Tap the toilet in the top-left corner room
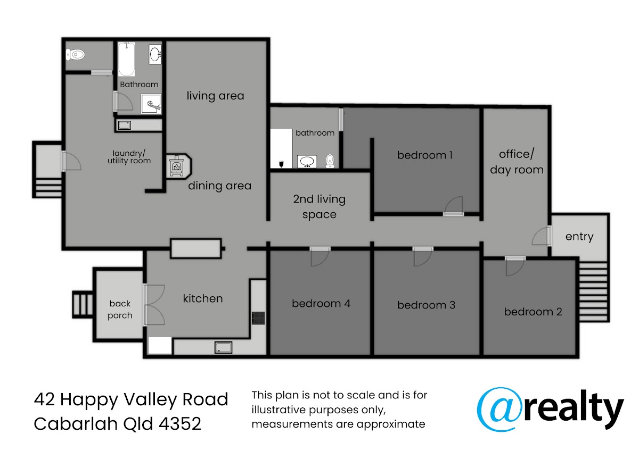point(75,54)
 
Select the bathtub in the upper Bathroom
point(126,59)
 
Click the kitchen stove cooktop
point(258,318)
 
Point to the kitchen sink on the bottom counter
point(223,348)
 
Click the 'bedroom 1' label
point(425,155)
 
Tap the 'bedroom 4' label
point(321,304)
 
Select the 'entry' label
point(579,237)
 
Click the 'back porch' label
point(120,310)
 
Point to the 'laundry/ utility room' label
point(129,157)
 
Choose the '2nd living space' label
point(319,206)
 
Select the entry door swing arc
point(540,236)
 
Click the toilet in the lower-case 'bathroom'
point(330,161)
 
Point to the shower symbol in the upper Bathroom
point(151,104)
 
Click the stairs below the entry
point(593,292)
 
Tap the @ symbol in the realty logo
point(499,410)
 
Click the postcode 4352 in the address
point(180,424)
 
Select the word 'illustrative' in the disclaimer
point(278,410)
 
